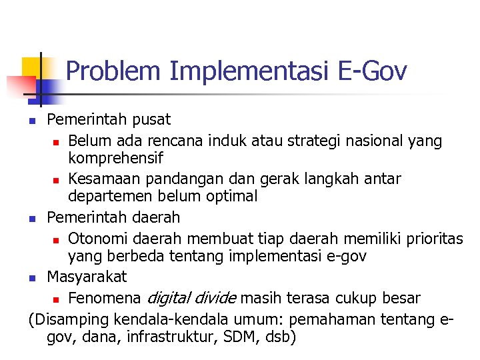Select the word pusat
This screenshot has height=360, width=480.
pyautogui.click(x=151, y=120)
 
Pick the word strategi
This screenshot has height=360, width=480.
pyautogui.click(x=323, y=141)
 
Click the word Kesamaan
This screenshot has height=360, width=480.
pyautogui.click(x=102, y=179)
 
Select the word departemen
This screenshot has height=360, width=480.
pyautogui.click(x=111, y=197)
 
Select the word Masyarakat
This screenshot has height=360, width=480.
pyautogui.click(x=87, y=276)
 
